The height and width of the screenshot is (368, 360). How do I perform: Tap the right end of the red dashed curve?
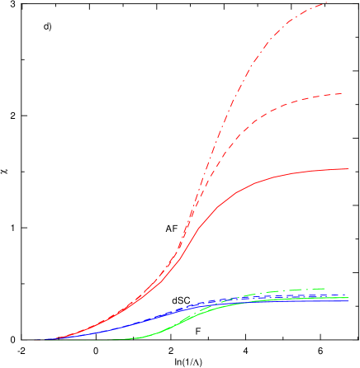point(343,93)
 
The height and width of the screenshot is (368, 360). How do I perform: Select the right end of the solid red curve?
point(349,168)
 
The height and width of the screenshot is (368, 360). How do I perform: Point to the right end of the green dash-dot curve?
point(324,288)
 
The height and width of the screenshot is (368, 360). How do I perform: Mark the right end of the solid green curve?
point(348,297)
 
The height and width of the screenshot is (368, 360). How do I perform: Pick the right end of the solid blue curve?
point(348,300)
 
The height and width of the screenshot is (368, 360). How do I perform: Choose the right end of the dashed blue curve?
point(318,295)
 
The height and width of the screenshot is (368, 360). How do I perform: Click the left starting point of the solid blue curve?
point(45,338)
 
